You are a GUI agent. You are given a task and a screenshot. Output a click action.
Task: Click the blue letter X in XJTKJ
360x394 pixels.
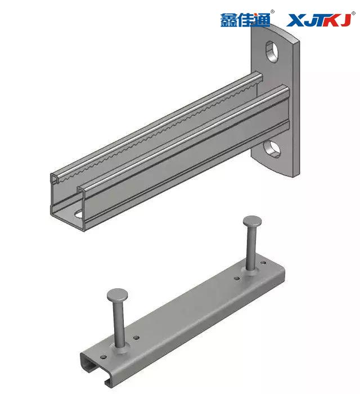click(x=296, y=20)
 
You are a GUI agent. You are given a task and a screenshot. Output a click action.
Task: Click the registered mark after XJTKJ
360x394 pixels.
click(x=353, y=13)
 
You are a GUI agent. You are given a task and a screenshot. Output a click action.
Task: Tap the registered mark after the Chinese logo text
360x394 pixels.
click(x=272, y=12)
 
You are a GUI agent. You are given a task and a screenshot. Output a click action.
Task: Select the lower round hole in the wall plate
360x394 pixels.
click(x=272, y=149)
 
